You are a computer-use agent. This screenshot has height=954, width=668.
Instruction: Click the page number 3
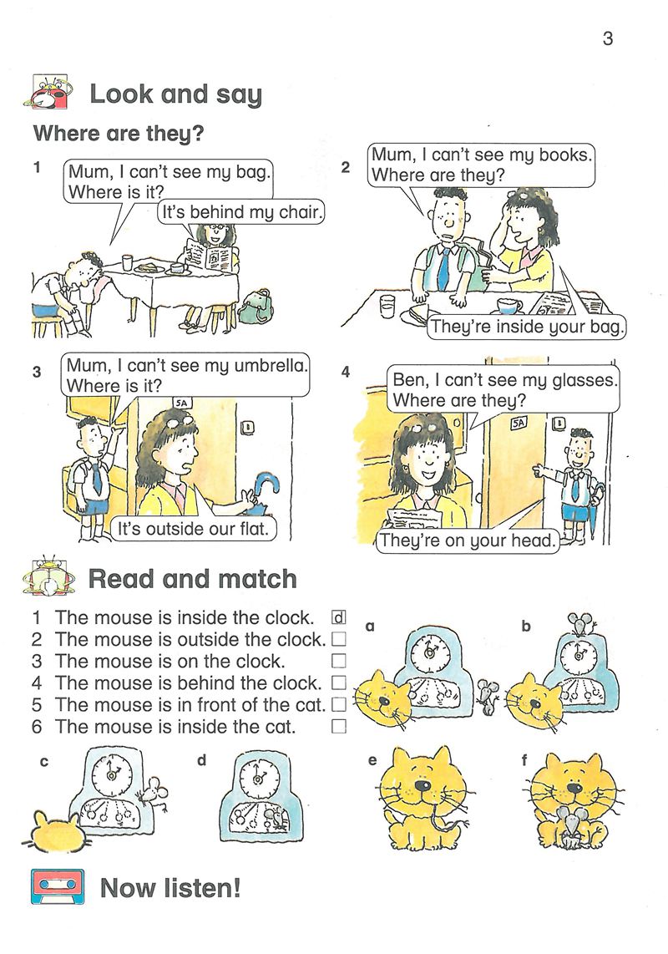pos(607,38)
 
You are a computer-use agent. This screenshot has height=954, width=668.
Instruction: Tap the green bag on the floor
pos(256,307)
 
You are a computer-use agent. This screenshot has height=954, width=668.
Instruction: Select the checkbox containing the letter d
pos(338,617)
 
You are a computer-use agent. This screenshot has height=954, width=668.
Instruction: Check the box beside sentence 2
pos(338,639)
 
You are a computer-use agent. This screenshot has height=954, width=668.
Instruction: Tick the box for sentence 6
pos(338,726)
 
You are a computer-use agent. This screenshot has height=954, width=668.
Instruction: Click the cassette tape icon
pos(58,888)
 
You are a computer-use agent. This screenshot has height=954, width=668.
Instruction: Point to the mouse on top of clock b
pos(579,622)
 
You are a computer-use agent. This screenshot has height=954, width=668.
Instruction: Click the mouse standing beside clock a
pos(488,697)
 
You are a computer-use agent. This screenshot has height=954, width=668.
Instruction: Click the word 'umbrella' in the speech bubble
pos(268,366)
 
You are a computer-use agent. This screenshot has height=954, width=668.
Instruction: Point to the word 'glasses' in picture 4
pos(583,381)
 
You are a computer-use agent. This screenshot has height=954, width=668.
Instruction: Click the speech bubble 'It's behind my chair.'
pos(241,212)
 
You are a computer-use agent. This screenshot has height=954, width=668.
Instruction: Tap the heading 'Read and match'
pos(192,579)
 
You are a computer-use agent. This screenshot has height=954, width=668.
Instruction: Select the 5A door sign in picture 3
pos(181,403)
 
